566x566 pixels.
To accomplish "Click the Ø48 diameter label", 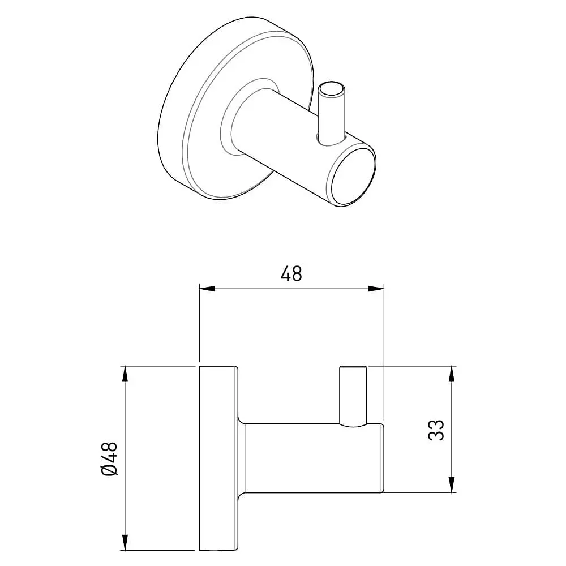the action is click(x=109, y=458).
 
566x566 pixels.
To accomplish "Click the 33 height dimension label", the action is click(x=436, y=430).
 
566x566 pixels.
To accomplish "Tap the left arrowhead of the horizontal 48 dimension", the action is click(x=207, y=289).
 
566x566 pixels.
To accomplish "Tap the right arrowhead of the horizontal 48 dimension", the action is click(x=376, y=289).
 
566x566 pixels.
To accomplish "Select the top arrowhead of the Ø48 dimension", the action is click(x=125, y=374).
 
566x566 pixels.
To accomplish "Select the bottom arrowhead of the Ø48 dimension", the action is click(x=125, y=543).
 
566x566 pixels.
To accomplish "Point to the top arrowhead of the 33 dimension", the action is click(x=451, y=374).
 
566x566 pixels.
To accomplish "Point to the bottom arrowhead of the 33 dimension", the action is click(x=451, y=484).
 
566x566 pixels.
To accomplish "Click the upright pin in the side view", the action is click(x=353, y=396).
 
